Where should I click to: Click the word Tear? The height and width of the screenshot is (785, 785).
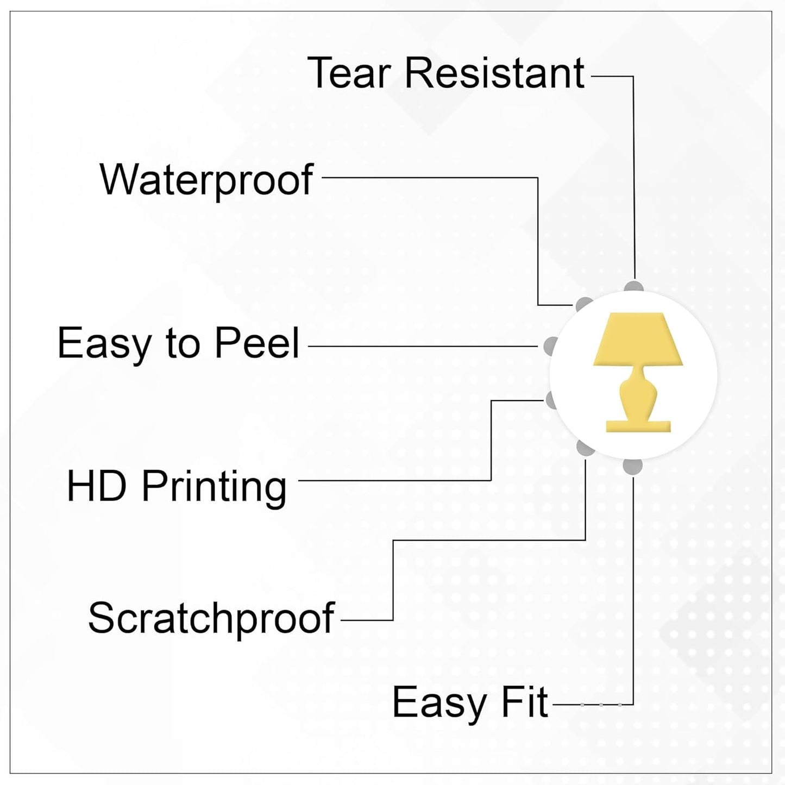click(x=349, y=73)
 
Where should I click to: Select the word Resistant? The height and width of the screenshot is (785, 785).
click(x=494, y=73)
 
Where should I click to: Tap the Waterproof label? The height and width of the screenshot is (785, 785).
click(x=206, y=180)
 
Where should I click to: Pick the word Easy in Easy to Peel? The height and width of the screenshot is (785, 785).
click(x=104, y=344)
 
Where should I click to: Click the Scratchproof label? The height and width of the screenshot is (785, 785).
click(x=211, y=619)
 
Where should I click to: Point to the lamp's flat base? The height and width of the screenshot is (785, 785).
click(x=638, y=425)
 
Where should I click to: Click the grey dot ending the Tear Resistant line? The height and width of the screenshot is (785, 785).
click(x=633, y=286)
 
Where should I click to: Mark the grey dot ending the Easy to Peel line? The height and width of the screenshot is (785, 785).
click(x=550, y=346)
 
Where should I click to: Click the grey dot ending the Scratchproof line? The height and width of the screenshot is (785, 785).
click(x=584, y=448)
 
